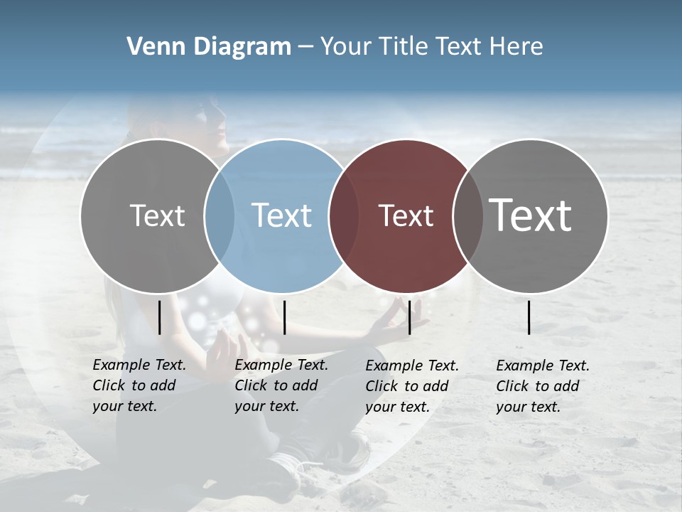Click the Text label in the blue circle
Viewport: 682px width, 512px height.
click(x=281, y=215)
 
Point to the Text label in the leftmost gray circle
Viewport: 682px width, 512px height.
click(x=157, y=215)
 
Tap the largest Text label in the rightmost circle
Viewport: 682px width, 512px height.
click(x=531, y=215)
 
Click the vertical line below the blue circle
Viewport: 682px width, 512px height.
click(x=284, y=317)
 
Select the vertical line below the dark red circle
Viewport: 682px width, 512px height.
click(x=409, y=317)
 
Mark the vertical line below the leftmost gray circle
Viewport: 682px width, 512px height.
click(x=159, y=317)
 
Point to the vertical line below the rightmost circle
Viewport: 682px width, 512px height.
click(x=529, y=317)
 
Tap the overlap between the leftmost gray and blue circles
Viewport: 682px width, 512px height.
click(x=220, y=216)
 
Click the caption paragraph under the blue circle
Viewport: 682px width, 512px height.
click(x=281, y=385)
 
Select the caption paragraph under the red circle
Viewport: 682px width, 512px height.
click(x=411, y=386)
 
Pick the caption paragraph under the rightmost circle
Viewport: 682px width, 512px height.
click(x=542, y=386)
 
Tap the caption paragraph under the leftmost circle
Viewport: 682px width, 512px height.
click(x=139, y=385)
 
